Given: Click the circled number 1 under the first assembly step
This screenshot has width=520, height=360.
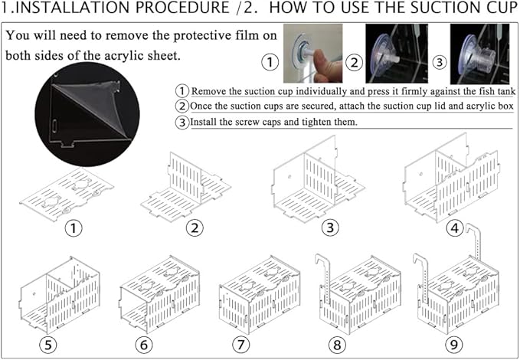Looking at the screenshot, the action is [x=74, y=228].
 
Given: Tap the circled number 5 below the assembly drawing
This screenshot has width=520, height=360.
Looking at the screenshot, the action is [x=48, y=345].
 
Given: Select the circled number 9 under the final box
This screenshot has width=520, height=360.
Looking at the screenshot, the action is [x=453, y=345].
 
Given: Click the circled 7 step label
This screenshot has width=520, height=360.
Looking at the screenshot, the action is [x=240, y=345].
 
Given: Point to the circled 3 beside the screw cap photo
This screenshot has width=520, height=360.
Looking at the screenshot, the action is [x=440, y=62].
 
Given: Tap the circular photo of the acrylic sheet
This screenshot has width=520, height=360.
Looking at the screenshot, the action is [x=87, y=114].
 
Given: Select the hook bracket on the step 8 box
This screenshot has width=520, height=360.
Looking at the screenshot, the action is [x=322, y=278].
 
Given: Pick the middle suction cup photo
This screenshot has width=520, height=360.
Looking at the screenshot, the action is [x=397, y=54].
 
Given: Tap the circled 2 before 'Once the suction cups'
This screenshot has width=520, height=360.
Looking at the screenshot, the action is [x=182, y=106].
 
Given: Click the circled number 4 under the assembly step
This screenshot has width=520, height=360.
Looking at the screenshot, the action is [x=455, y=228].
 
